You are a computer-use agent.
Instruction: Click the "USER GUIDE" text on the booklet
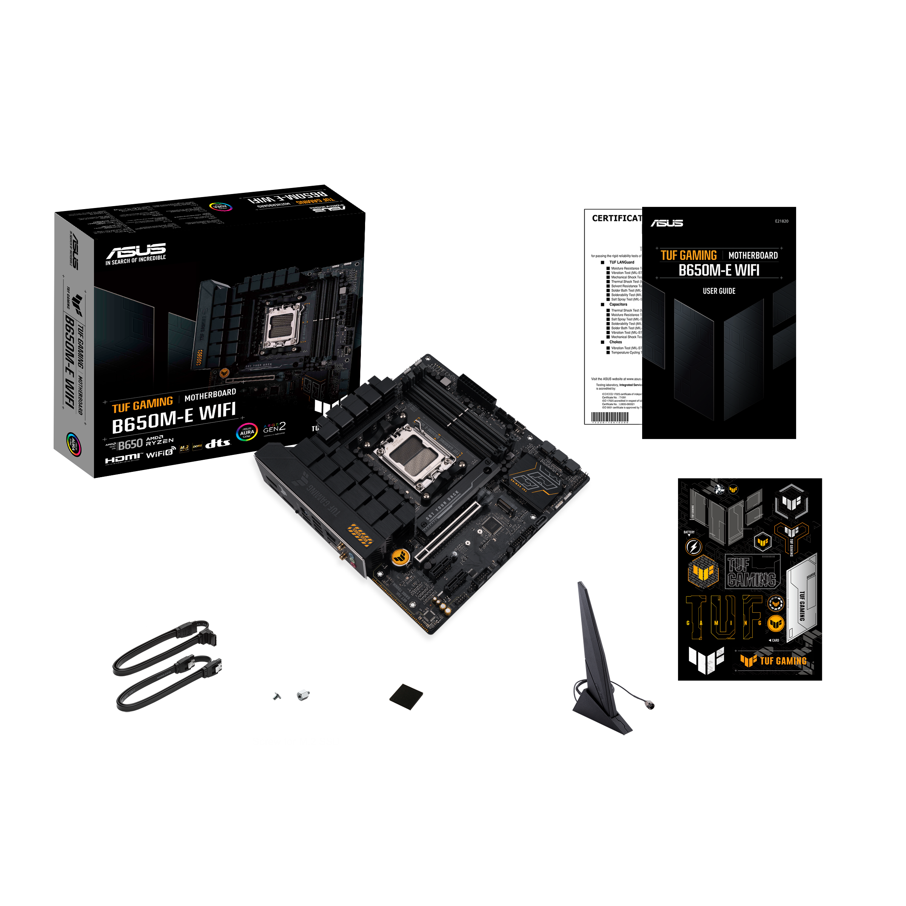click(718, 291)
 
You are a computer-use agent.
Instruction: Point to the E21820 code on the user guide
click(781, 221)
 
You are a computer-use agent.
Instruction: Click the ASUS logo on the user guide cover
click(666, 223)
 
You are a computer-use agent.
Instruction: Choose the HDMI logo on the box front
click(122, 458)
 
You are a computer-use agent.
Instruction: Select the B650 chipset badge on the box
click(129, 444)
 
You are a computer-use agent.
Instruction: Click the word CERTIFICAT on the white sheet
click(616, 219)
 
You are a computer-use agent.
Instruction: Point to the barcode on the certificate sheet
click(610, 417)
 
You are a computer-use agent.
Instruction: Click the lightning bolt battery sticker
click(693, 547)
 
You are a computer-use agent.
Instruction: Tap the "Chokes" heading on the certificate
click(615, 342)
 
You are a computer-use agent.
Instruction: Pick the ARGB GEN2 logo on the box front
click(274, 428)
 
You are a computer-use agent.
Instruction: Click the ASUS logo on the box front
click(136, 251)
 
